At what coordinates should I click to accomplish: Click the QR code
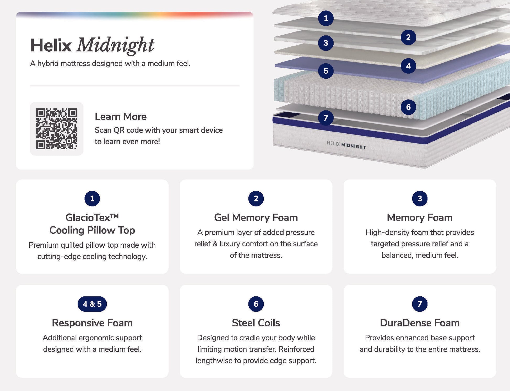pos(57,129)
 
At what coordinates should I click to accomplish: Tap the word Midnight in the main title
pos(115,45)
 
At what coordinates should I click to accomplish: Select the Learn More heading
pos(121,117)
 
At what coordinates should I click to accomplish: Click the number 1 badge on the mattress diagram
pos(326,18)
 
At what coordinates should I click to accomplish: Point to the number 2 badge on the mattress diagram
pos(408,37)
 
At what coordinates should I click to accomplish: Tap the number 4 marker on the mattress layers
pos(408,66)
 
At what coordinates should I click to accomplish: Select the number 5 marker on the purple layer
pos(326,71)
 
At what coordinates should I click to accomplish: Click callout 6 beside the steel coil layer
pos(408,107)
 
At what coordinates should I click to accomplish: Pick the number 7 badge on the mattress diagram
pos(326,118)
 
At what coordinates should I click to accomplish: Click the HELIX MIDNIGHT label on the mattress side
pos(346,145)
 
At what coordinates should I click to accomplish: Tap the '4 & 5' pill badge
pos(92,304)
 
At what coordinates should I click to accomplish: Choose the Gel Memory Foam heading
pos(256,218)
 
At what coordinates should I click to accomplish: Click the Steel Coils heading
pos(256,323)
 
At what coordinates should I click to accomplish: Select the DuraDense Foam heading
pos(420,323)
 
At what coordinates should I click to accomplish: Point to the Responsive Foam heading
pos(92,323)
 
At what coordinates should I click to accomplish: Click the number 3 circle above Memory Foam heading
pos(420,199)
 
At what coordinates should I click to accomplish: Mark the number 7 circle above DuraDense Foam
pos(420,304)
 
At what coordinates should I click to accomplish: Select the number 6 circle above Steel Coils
pos(256,304)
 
